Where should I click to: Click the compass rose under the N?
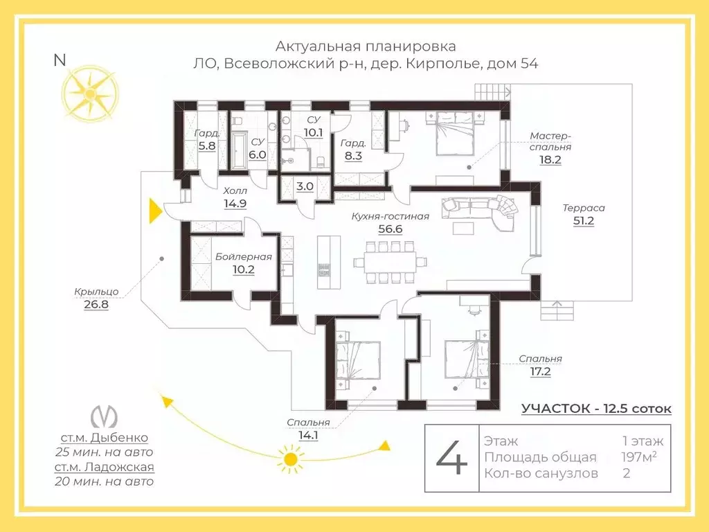(91, 94)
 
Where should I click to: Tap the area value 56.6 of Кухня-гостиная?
(391, 229)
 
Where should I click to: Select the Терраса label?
(583, 208)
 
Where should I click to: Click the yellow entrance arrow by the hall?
(155, 211)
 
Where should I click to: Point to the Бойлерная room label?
(243, 257)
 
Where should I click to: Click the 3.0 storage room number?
(305, 186)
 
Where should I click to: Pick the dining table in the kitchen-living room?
(391, 263)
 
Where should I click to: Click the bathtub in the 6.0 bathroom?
(238, 151)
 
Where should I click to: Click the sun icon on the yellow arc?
(290, 460)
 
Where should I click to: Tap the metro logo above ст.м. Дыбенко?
(105, 416)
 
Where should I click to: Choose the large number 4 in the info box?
(451, 458)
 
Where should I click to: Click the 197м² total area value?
(639, 457)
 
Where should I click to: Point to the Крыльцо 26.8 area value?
(96, 305)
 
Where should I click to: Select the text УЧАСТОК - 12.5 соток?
(596, 409)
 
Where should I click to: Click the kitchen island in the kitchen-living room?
(329, 262)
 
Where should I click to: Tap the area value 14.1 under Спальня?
(308, 435)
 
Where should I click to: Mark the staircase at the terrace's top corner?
(492, 93)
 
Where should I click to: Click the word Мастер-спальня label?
(550, 141)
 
